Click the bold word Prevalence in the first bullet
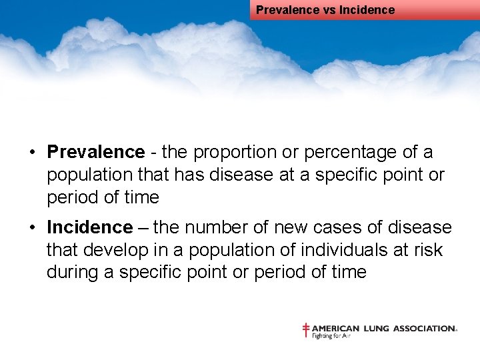point(95,152)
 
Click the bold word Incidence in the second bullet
point(89,227)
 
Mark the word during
point(73,272)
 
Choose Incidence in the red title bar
point(367,10)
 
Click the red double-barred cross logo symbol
point(306,330)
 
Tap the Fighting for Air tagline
point(331,336)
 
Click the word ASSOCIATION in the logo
point(423,328)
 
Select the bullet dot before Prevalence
point(32,153)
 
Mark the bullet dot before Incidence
point(32,228)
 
